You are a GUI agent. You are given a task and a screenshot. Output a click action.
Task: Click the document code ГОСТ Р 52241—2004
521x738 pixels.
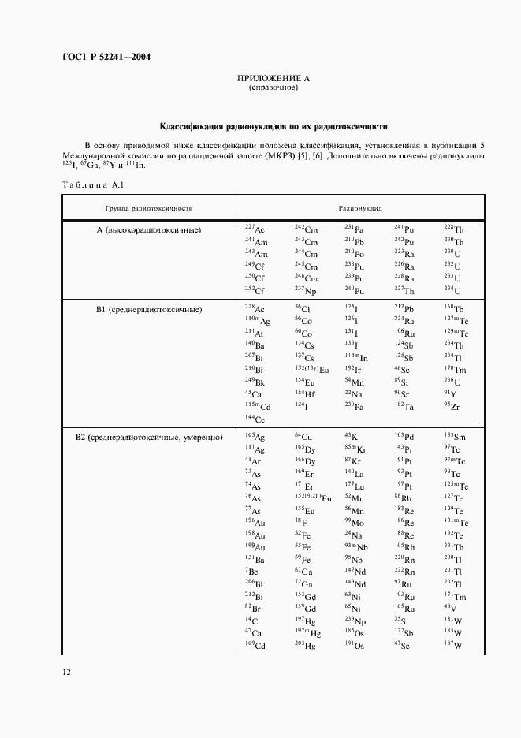(106, 58)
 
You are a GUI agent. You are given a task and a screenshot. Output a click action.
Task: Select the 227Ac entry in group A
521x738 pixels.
(255, 228)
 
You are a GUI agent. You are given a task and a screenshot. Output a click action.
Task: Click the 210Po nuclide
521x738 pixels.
(354, 254)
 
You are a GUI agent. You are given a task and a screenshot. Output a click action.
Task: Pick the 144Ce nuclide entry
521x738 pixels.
(255, 419)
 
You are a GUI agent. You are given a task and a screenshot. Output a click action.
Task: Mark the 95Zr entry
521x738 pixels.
(451, 406)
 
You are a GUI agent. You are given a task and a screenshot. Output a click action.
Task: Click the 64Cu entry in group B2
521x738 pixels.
(303, 437)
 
